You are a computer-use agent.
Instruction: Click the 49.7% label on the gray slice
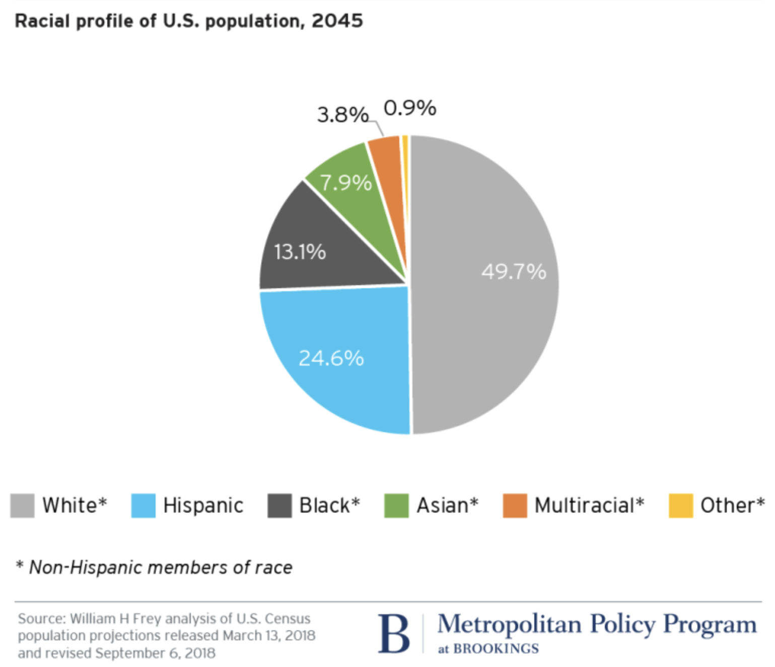513,272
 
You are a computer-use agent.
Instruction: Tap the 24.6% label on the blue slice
331,359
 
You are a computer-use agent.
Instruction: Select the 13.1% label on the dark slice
300,252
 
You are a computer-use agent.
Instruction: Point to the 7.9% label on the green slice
345,183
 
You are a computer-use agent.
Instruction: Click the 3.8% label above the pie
342,115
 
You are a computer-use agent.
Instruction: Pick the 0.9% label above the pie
409,108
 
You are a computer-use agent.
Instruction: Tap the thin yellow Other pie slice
405,151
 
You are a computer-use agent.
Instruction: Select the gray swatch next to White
23,506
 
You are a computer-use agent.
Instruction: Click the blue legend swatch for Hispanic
143,506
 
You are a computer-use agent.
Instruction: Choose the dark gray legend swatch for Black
279,506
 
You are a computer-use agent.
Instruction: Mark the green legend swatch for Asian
396,506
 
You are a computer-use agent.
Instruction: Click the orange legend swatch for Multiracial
515,506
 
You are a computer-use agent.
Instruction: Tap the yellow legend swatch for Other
681,506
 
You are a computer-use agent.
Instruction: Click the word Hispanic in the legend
203,506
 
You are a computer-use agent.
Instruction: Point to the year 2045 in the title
337,21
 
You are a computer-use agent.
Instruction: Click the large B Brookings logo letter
394,634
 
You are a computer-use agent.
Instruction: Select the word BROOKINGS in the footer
496,649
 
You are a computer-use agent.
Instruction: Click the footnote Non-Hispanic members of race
160,567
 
